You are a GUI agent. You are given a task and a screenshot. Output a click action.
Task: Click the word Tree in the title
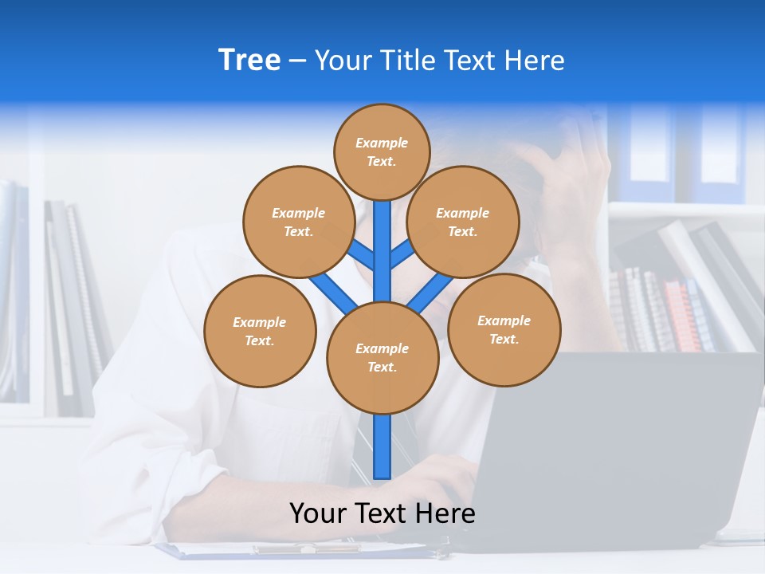[249, 61]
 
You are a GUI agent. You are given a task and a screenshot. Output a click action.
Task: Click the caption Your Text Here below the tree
[382, 513]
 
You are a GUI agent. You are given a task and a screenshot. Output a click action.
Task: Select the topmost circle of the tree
[382, 151]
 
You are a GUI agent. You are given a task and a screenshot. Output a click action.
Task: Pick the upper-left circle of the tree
[298, 222]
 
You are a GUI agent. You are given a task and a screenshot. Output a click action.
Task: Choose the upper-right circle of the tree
[463, 222]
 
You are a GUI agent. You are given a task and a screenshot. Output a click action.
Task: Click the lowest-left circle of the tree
[260, 331]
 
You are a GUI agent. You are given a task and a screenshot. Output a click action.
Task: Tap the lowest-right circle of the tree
[504, 329]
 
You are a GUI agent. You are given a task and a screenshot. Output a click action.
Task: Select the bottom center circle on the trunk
[382, 358]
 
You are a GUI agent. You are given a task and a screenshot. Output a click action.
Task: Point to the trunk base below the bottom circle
[382, 446]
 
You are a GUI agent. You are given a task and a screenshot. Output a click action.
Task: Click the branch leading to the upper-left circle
[362, 256]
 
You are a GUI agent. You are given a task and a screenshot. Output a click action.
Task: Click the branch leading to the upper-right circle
[402, 254]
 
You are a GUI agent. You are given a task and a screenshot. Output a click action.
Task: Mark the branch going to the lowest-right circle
[431, 293]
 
